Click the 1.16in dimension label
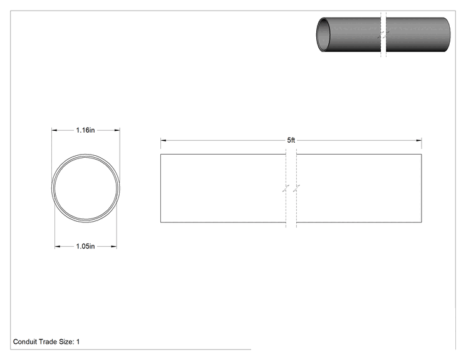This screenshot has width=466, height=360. (85, 130)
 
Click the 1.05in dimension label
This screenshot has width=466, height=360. (85, 246)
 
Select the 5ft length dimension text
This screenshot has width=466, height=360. (291, 140)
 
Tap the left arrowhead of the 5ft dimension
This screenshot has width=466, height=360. (163, 140)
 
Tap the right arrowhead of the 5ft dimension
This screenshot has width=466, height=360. (419, 140)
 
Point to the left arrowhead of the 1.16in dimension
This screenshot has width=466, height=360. (54, 130)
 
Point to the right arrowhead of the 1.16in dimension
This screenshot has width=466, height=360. (117, 130)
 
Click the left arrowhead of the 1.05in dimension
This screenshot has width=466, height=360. (58, 246)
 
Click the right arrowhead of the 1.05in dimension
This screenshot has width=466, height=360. (114, 246)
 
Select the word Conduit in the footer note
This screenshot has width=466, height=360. (24, 342)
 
